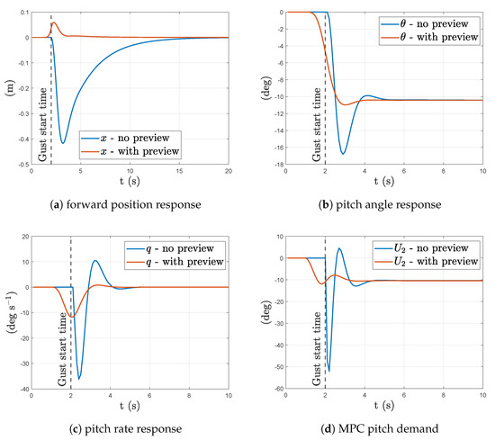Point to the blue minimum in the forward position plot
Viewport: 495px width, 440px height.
coord(62,143)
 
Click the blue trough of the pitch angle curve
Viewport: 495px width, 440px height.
coord(343,154)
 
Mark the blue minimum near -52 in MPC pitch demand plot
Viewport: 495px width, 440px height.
coord(328,371)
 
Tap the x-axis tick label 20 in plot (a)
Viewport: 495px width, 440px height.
coord(229,176)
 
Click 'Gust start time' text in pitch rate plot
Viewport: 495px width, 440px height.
coord(61,337)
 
